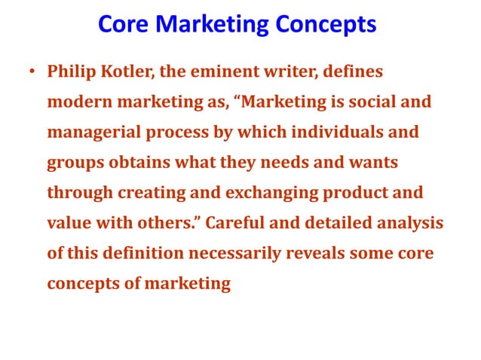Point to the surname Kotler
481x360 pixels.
point(130,73)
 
